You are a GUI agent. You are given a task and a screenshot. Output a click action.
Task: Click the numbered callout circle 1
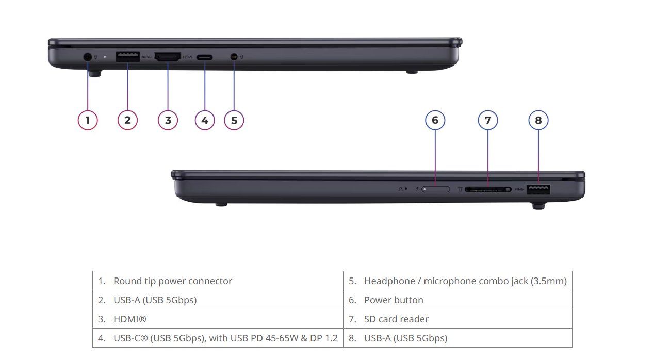(x=88, y=120)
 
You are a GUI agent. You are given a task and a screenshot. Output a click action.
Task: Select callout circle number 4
(x=205, y=120)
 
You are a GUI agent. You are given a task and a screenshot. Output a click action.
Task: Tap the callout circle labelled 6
(x=435, y=120)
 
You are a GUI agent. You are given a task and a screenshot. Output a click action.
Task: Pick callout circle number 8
(x=538, y=120)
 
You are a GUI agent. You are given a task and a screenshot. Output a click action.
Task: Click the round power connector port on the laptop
(x=88, y=57)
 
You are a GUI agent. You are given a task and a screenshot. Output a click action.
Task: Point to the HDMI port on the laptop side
(x=168, y=56)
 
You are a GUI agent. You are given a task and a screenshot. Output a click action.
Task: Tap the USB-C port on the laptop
(x=204, y=57)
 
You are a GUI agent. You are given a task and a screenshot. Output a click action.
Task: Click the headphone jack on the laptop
(x=234, y=56)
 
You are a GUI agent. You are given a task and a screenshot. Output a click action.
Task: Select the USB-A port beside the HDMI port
(x=127, y=56)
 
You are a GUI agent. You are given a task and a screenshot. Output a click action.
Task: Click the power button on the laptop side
(x=435, y=189)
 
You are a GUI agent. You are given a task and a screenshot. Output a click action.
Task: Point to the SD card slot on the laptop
(x=488, y=189)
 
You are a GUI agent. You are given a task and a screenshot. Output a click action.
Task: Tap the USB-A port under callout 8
(x=538, y=189)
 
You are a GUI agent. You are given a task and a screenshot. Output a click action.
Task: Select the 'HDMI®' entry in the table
(x=129, y=319)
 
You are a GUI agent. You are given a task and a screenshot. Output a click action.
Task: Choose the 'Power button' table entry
(x=394, y=300)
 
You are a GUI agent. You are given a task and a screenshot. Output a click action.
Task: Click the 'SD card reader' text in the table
(x=396, y=319)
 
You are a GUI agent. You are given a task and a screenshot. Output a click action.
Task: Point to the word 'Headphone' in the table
(x=389, y=281)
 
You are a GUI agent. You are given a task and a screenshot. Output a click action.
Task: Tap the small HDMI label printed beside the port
(x=187, y=57)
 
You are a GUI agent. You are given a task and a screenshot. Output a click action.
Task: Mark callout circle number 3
(x=168, y=120)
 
